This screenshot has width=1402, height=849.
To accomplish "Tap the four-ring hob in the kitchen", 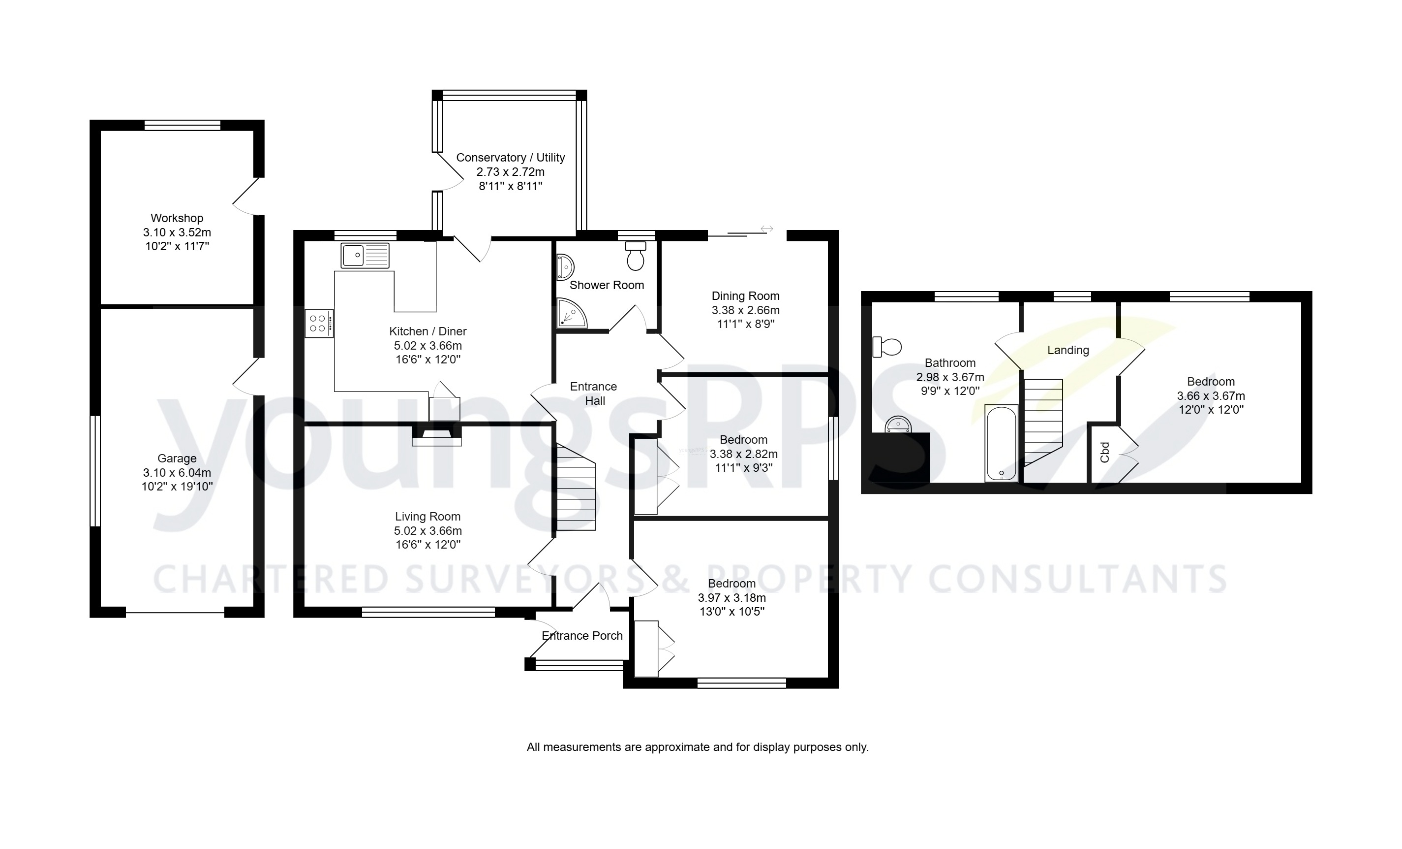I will point(319,324).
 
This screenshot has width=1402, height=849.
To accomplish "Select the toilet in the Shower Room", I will point(636,256).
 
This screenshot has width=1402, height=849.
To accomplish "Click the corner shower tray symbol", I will point(571,314).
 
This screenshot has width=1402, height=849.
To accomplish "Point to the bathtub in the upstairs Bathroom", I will point(1002,444).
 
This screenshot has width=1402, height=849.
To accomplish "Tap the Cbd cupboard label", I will point(1105,452).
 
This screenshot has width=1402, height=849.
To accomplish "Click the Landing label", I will point(1068,350).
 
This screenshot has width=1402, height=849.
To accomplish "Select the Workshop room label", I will point(177,218).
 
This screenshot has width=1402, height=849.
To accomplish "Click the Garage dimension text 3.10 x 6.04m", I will point(177,473).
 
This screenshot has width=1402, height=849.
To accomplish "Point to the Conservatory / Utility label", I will point(511,158).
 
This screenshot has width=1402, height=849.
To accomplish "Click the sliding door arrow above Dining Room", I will point(766,229).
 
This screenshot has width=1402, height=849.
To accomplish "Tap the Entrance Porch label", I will point(582,635).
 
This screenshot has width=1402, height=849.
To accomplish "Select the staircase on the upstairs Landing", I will point(1043,422).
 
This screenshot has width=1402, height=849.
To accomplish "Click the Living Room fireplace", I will point(436,436).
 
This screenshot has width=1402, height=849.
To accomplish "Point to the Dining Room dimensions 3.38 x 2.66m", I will point(745,310).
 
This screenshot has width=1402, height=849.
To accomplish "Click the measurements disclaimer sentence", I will point(698,747).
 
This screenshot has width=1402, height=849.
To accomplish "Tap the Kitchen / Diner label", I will point(428,331).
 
